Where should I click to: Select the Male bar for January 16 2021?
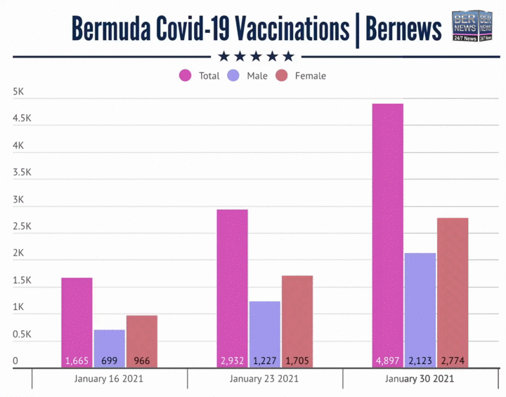(x=109, y=347)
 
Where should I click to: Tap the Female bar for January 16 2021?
(x=141, y=340)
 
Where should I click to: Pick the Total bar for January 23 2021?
(x=232, y=288)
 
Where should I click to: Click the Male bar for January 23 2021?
(x=264, y=333)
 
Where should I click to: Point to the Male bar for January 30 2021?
(x=420, y=309)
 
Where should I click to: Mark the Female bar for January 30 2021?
(x=453, y=292)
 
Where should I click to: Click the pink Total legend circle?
(x=186, y=76)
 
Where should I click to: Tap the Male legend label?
(x=257, y=76)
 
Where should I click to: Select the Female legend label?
(x=310, y=76)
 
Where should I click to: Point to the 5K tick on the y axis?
(x=20, y=92)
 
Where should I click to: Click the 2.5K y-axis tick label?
(x=22, y=227)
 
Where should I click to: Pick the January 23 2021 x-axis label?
(x=264, y=379)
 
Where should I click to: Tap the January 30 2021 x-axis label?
(x=420, y=379)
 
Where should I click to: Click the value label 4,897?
(x=388, y=361)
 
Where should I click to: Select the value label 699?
(x=109, y=361)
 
